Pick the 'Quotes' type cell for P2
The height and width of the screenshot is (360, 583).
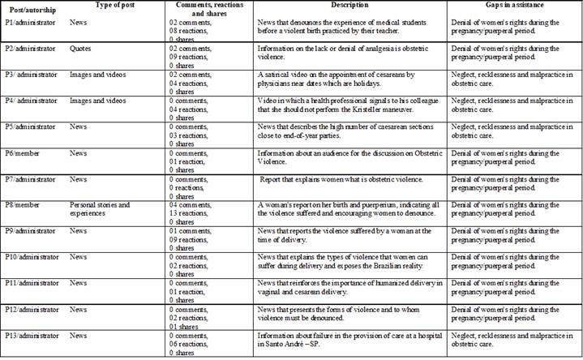click(81, 48)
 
